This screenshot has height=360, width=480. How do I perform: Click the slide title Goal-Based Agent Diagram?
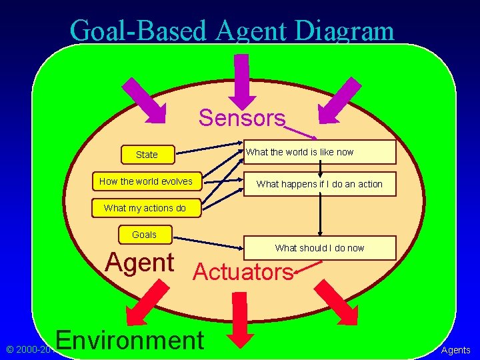(231, 31)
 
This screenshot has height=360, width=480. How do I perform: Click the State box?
(147, 155)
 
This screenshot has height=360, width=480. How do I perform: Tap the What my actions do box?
(145, 208)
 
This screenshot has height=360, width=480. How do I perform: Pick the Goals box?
(144, 235)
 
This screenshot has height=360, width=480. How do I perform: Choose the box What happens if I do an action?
(319, 184)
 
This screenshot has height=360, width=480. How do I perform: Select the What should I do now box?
(319, 248)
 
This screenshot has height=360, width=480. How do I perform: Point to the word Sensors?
(242, 118)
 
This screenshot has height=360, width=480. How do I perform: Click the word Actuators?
(243, 271)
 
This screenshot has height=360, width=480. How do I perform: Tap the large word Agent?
(140, 263)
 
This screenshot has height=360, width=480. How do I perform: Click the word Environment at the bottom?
(131, 339)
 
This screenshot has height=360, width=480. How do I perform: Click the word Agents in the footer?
(456, 350)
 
